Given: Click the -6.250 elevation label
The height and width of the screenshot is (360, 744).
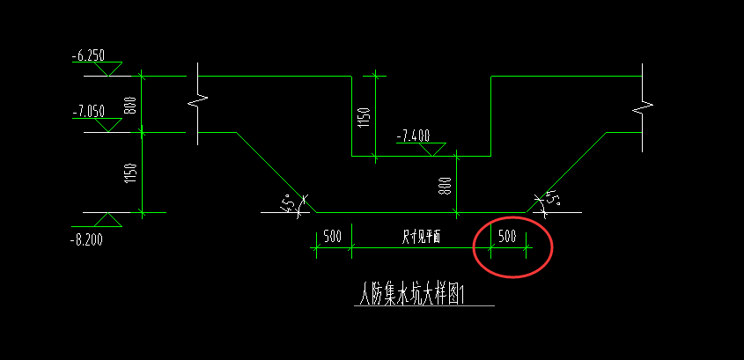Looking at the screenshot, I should (90, 55).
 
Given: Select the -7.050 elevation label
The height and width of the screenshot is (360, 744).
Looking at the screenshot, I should (90, 111).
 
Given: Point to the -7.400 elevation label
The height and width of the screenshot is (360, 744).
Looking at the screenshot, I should (413, 136).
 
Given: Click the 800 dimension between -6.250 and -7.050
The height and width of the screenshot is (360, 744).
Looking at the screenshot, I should (130, 105).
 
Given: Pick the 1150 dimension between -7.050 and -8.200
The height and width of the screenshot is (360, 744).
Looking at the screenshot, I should (130, 173).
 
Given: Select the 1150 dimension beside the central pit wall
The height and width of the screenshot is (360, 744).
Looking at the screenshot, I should (364, 116).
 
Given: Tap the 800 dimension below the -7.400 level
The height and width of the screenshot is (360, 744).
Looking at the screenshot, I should (445, 186).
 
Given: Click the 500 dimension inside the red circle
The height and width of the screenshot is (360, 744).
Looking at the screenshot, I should (507, 236).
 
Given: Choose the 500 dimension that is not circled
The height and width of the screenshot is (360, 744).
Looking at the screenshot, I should (332, 236).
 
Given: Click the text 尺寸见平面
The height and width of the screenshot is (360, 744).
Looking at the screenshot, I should (421, 236).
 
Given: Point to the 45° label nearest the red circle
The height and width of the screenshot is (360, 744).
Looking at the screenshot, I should (551, 200).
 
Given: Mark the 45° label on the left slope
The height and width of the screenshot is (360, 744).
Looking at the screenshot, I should (290, 203).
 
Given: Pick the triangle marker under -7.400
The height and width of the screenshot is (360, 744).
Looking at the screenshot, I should (431, 150).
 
